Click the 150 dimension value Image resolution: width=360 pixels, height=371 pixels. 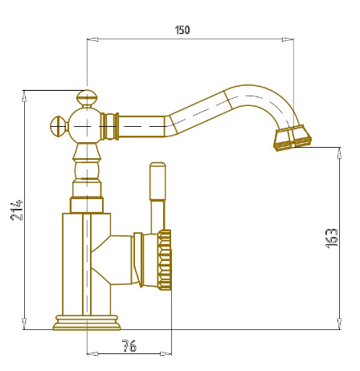182,30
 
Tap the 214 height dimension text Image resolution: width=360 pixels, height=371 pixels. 17,210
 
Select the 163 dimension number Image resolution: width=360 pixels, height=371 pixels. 332,238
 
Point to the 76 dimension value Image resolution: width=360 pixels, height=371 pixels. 129,345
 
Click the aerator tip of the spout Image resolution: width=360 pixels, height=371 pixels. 292,138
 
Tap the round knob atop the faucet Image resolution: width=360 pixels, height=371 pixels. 86,98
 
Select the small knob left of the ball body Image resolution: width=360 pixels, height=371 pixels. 59,126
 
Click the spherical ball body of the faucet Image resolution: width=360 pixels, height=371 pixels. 86,126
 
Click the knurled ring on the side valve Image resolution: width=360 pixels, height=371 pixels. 164,260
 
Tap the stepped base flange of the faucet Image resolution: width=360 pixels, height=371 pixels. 87,323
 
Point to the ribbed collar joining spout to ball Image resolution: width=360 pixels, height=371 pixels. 110,126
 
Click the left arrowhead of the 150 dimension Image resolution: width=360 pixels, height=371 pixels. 92,39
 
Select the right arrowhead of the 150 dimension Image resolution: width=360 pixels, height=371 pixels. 288,39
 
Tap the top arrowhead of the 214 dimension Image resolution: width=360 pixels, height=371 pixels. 24,96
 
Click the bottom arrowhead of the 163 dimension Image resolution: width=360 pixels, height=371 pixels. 339,324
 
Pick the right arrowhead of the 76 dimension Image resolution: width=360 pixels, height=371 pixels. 166,354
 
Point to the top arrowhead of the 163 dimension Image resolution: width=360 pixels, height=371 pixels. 339,153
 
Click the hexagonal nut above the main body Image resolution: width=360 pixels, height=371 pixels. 87,205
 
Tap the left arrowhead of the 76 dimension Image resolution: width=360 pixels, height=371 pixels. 92,354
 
